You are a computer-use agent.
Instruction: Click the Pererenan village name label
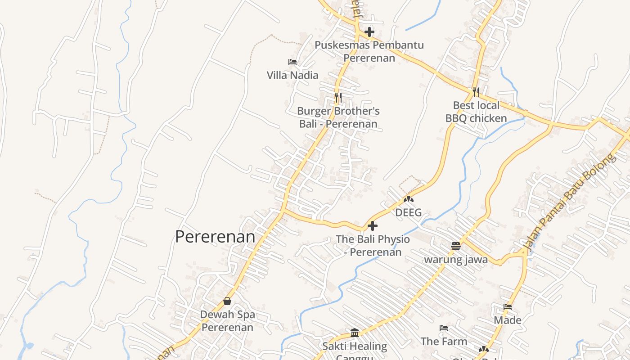(x=215, y=237)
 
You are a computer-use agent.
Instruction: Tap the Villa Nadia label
(x=292, y=75)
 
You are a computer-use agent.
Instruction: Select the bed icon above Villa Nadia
(x=292, y=62)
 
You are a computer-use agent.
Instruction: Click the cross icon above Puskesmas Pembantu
(x=369, y=32)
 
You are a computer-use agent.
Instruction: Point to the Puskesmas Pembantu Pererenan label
(x=369, y=51)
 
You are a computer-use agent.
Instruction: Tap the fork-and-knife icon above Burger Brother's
(x=338, y=97)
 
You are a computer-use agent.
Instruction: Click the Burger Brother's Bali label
(x=338, y=117)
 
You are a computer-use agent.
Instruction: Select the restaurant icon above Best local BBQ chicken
(x=476, y=92)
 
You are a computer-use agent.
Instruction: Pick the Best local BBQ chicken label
(x=476, y=112)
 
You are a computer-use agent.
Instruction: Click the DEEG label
(x=409, y=212)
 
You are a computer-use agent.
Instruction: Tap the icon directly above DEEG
(x=409, y=199)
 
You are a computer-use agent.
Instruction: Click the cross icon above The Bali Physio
(x=373, y=226)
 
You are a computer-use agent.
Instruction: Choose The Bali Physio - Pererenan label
(x=373, y=246)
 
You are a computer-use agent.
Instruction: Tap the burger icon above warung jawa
(x=456, y=246)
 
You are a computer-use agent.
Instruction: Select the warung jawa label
(x=456, y=260)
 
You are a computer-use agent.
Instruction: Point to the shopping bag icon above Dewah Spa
(x=227, y=301)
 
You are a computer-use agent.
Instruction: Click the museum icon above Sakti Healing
(x=355, y=333)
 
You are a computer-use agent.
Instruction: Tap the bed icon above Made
(x=508, y=307)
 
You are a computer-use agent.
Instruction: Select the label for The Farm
(x=444, y=342)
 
